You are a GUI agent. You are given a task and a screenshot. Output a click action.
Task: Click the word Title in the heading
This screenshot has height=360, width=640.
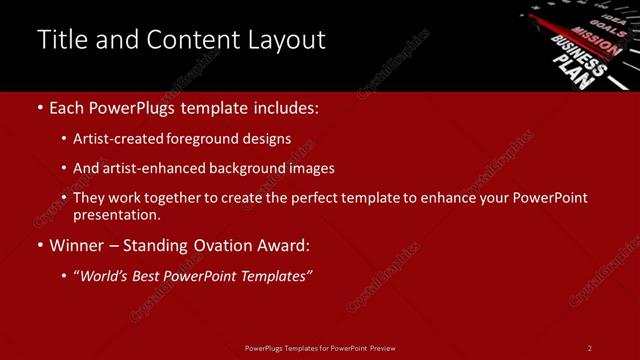point(59,40)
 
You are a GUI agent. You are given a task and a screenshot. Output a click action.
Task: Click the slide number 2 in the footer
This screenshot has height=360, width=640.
point(590,348)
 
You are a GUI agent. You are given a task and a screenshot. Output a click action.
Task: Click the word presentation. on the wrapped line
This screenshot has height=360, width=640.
point(117,215)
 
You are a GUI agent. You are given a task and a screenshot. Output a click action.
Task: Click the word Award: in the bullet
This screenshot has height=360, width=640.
point(283,245)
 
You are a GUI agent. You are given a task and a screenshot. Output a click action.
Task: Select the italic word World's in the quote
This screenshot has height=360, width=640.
point(105,275)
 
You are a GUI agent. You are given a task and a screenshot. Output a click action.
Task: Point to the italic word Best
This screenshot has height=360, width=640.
point(151,275)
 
